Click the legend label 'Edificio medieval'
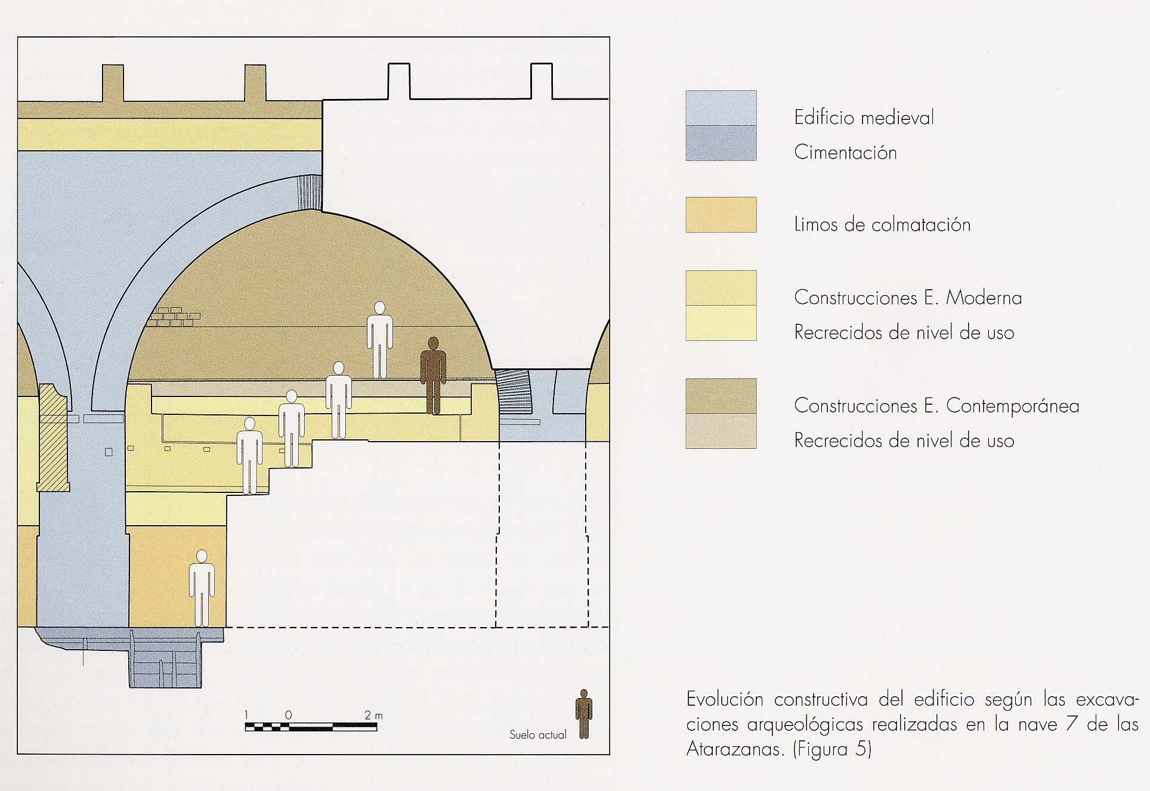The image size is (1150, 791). click(863, 117)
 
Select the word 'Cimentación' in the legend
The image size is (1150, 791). click(845, 153)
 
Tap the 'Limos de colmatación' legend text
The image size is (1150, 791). click(882, 225)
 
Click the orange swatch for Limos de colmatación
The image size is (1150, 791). click(721, 215)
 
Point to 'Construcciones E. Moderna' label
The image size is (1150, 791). click(907, 297)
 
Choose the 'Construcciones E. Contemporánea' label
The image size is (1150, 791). click(936, 406)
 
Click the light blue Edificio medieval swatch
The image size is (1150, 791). click(721, 108)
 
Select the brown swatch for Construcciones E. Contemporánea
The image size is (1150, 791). click(721, 396)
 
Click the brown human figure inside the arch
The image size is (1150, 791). click(434, 376)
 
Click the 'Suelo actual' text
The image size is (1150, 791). click(537, 735)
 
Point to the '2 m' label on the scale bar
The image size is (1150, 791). click(373, 715)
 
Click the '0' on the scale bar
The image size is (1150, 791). click(289, 715)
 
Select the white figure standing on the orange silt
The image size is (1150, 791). click(202, 588)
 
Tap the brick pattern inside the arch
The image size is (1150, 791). click(173, 317)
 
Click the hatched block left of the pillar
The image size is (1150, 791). click(53, 438)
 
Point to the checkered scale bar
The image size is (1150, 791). click(311, 727)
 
